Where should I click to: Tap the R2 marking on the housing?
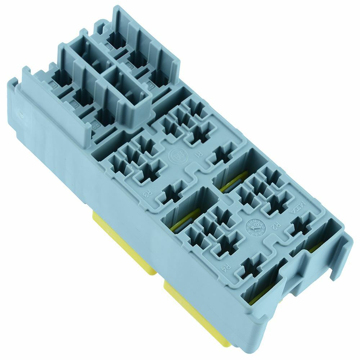275,226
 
